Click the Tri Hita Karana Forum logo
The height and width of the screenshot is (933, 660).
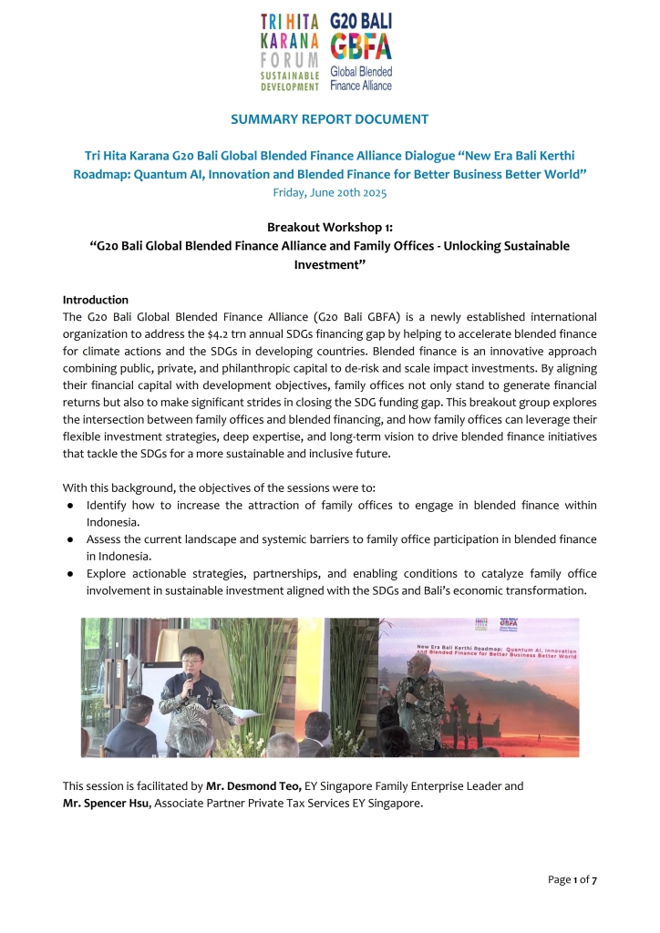point(289,51)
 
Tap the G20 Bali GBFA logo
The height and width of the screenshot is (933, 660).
point(361,51)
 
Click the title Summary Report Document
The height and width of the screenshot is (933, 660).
point(330,119)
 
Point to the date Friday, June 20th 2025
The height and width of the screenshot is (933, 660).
point(330,192)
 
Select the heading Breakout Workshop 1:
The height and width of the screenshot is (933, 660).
point(330,227)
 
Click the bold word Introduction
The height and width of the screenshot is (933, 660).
point(96,300)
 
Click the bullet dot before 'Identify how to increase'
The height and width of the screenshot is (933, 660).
point(71,505)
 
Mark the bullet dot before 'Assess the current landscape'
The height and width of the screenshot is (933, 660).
point(71,539)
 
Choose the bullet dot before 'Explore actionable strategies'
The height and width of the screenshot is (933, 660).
point(71,574)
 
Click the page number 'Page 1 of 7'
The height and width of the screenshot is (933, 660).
point(572,878)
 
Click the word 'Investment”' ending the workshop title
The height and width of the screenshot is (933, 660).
point(330,263)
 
